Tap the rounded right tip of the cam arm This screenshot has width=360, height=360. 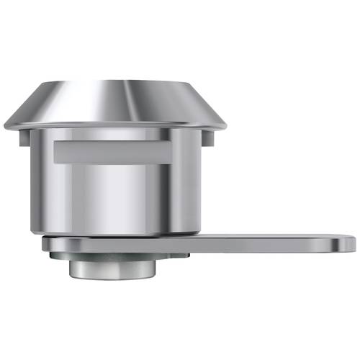350,243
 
